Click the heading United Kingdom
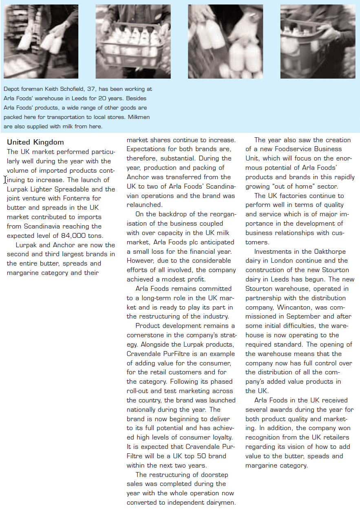click(x=35, y=142)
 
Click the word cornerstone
click(x=147, y=335)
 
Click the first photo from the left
click(x=41, y=42)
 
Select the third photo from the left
click(x=225, y=42)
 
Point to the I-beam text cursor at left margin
click(x=4, y=180)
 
